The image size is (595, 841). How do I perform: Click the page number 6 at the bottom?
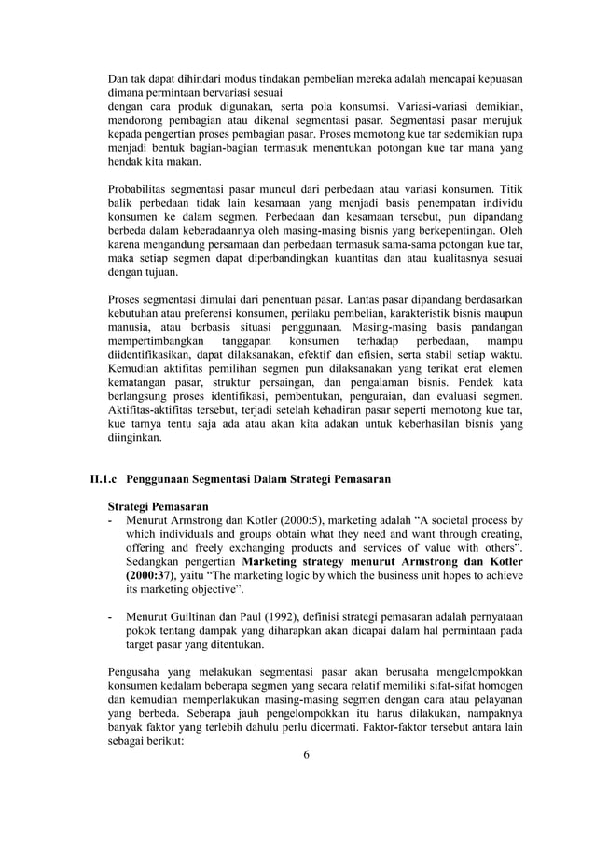(306, 754)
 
